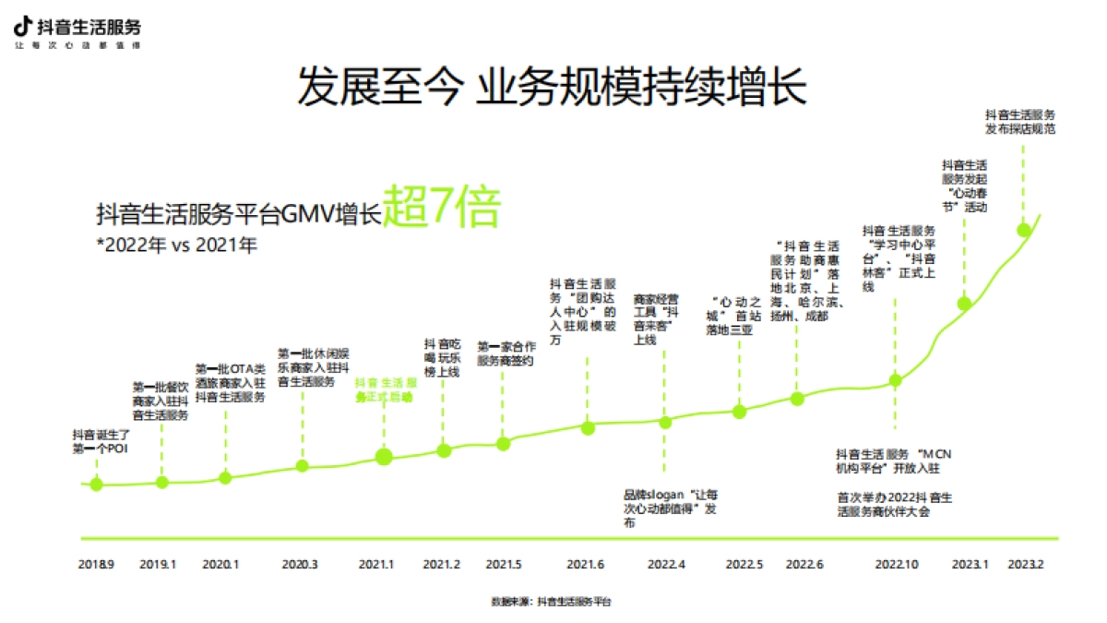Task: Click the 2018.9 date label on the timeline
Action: (x=96, y=563)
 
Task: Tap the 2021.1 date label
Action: (x=376, y=563)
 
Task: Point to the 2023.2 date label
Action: (x=1026, y=563)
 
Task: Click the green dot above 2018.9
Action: (x=96, y=484)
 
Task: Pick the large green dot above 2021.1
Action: (x=385, y=456)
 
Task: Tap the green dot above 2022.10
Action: (x=895, y=380)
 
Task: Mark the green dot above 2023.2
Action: (x=1023, y=230)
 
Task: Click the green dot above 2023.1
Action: (x=964, y=304)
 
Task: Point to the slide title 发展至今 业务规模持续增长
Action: (x=552, y=88)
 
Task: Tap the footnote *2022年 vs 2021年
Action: (x=176, y=246)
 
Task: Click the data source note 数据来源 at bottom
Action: (x=551, y=601)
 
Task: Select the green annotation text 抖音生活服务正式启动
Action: (x=384, y=389)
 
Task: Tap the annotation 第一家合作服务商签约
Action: (x=505, y=354)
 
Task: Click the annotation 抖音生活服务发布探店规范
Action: (x=1019, y=122)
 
